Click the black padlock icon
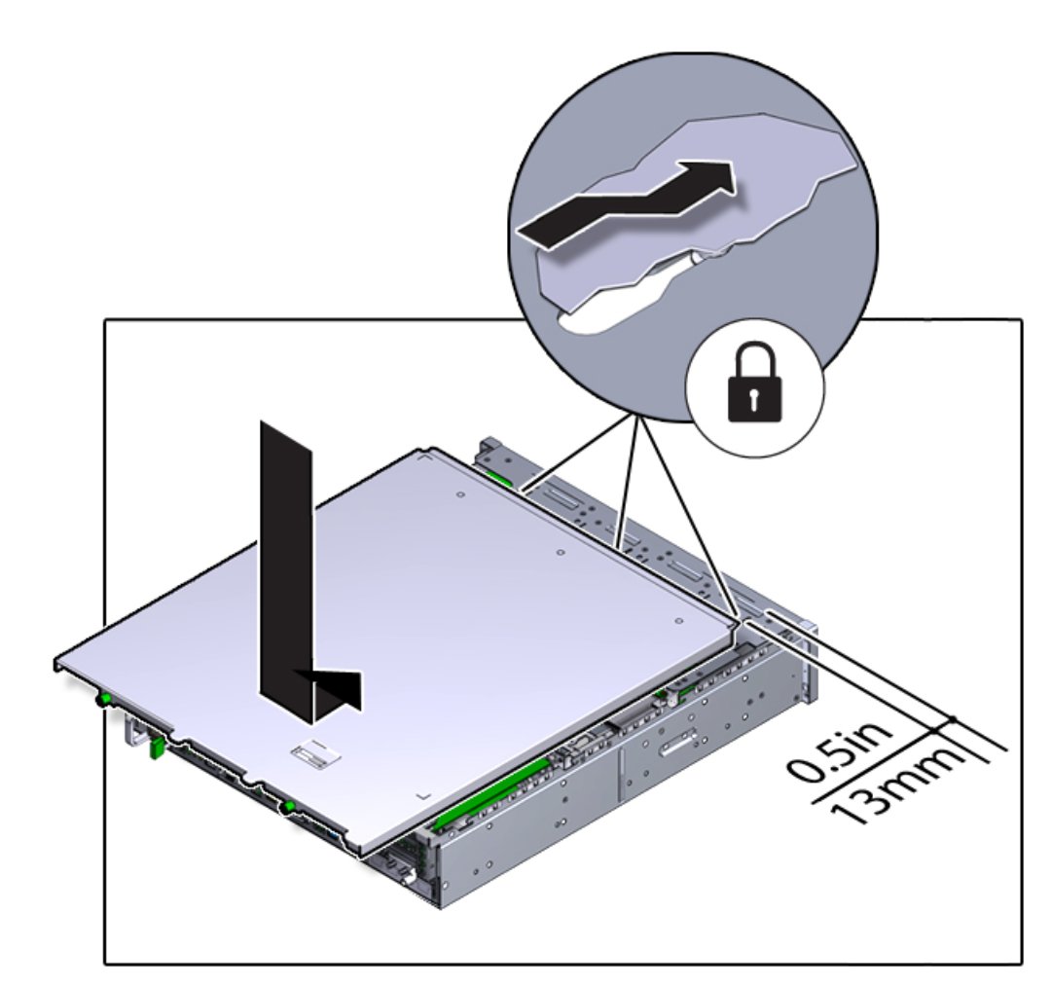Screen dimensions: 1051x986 (x=755, y=383)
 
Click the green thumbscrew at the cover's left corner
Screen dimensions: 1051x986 (x=104, y=700)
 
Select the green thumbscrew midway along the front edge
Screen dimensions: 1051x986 (x=289, y=806)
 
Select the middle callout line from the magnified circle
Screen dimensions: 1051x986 (x=629, y=479)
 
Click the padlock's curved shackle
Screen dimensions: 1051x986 (x=755, y=357)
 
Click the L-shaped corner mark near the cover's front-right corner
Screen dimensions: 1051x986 (x=422, y=796)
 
